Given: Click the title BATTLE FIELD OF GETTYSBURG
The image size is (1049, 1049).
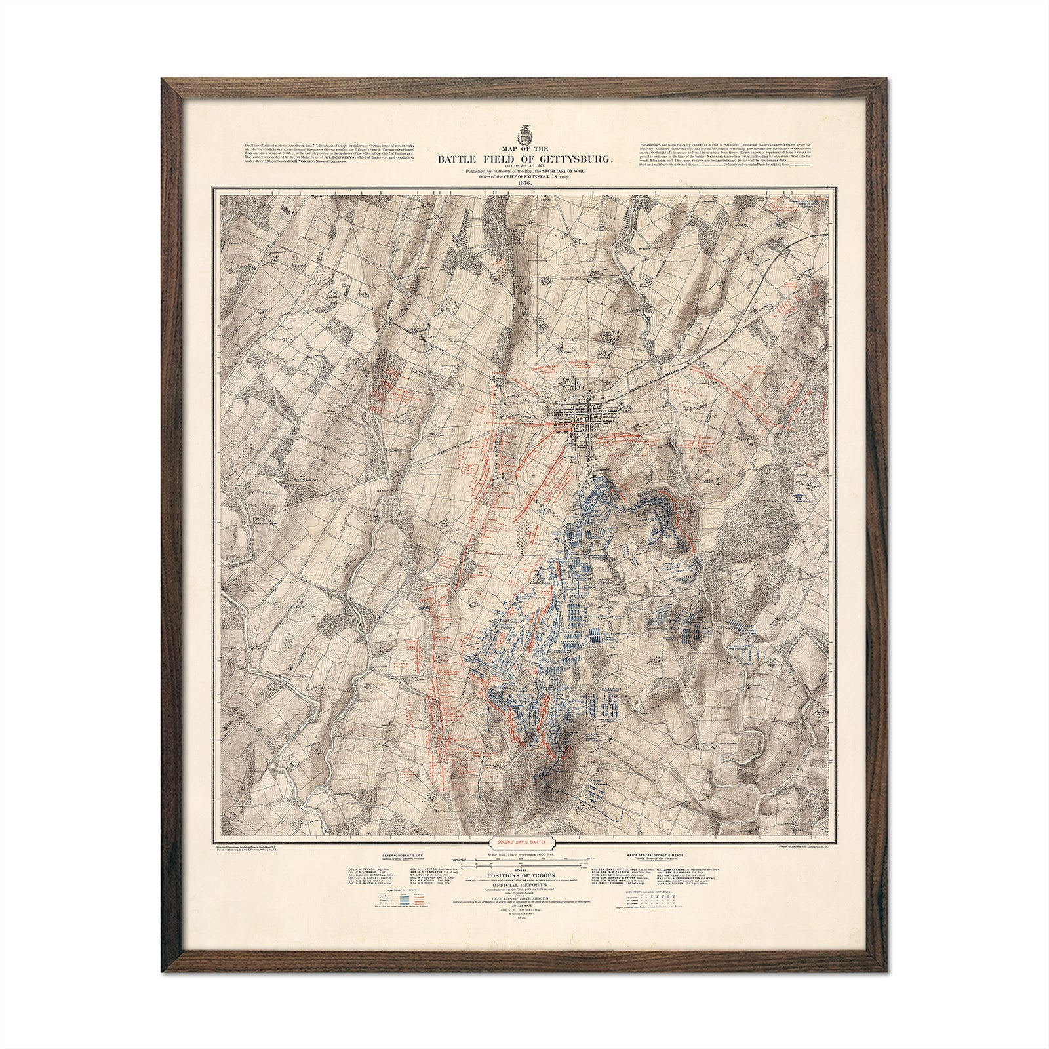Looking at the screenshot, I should pyautogui.click(x=524, y=157).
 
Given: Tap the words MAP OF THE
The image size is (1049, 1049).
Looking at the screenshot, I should pyautogui.click(x=524, y=148).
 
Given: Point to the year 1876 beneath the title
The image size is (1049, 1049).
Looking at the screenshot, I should pyautogui.click(x=524, y=184).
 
